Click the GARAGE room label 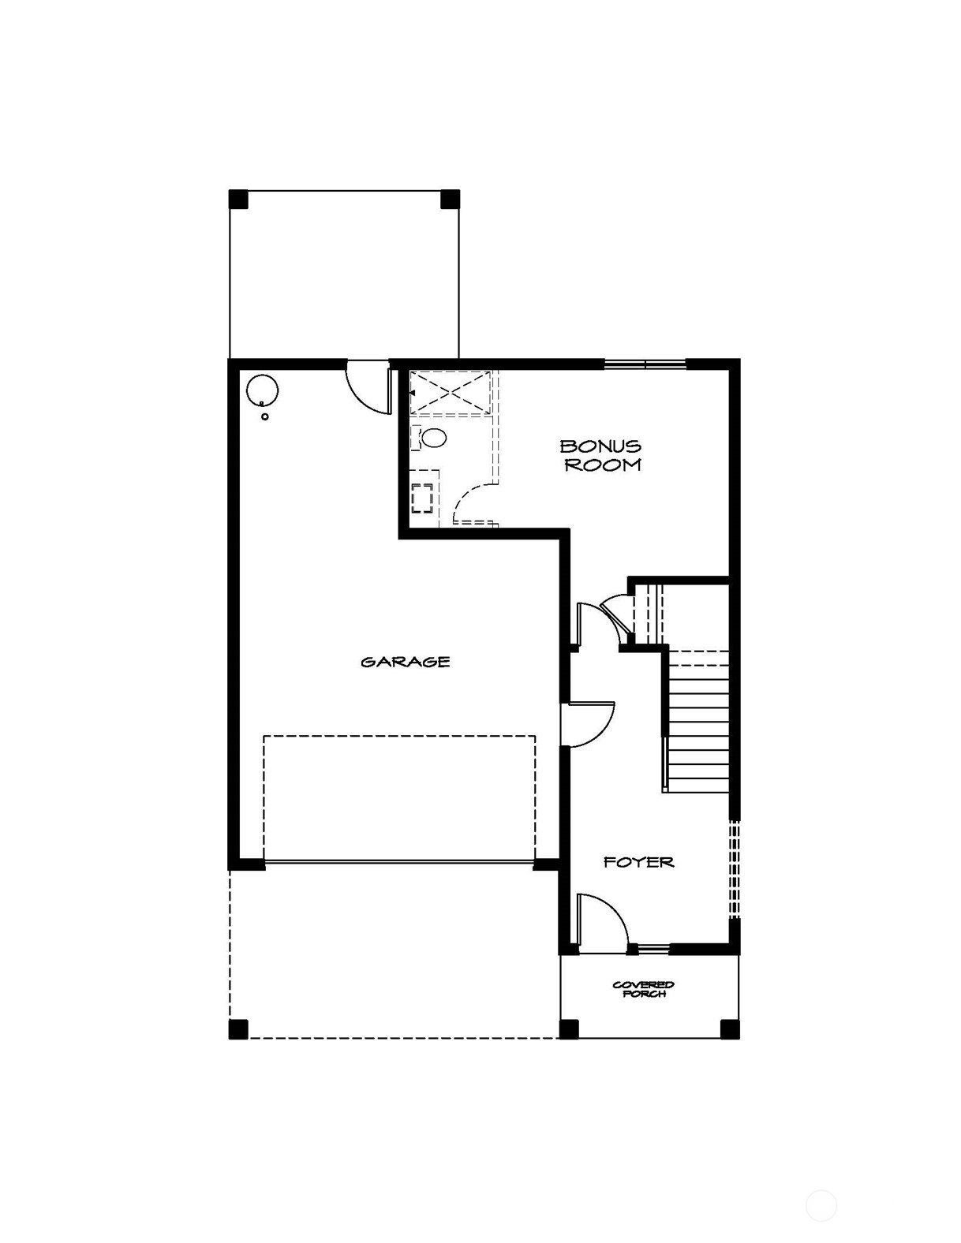(406, 663)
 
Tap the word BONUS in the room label (600, 446)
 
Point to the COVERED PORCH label (644, 989)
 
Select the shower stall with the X (451, 392)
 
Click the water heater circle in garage (262, 390)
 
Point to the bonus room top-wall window (645, 364)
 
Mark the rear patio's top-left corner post (238, 199)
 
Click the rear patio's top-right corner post (451, 199)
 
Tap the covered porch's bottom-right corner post (730, 1029)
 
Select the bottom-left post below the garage (238, 1029)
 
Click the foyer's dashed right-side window (735, 870)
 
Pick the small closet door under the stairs (618, 617)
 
